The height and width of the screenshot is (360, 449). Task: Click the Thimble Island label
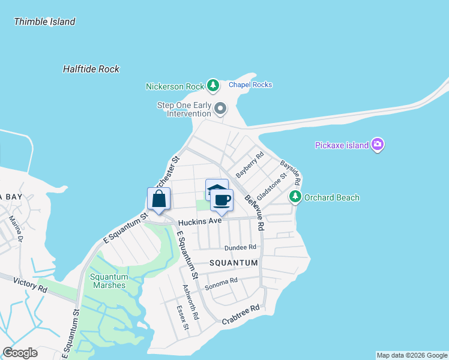pos(44,22)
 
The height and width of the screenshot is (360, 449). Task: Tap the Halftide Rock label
pos(91,69)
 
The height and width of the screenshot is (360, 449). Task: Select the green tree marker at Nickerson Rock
pos(212,86)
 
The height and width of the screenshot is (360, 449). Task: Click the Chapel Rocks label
pos(250,85)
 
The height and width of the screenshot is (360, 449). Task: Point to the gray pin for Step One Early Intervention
pos(220,109)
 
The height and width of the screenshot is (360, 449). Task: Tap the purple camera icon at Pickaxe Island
pos(378,144)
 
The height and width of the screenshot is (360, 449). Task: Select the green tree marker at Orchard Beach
pos(295,196)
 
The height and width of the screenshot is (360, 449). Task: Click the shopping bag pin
pos(158,200)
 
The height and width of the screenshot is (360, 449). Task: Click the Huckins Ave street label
pos(199,221)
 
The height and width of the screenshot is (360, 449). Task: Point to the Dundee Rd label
pos(240,247)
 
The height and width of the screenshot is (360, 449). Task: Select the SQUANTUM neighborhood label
pos(234,263)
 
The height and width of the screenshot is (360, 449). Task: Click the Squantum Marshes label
pos(109,281)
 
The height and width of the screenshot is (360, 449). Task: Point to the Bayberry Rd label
pos(250,165)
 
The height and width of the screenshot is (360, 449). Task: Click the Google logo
pos(20,353)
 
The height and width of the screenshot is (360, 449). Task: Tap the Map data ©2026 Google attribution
pos(411,355)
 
